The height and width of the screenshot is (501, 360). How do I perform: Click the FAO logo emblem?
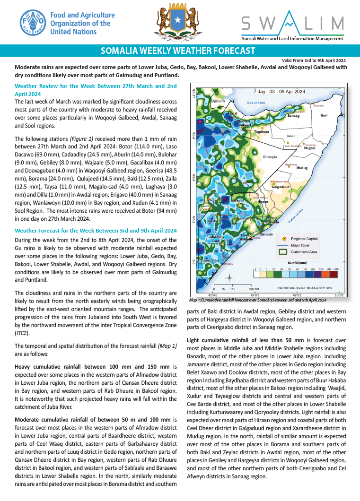[33, 23]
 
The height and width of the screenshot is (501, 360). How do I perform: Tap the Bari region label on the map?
[324, 115]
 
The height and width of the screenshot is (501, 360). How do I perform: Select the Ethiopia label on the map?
[270, 156]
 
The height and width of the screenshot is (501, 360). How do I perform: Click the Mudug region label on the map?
[302, 168]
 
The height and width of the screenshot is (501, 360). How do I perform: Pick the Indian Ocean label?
[296, 217]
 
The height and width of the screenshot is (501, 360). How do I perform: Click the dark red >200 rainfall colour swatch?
[336, 273]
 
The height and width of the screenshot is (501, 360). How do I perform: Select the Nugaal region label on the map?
[309, 148]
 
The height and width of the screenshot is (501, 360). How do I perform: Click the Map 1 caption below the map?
[258, 300]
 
